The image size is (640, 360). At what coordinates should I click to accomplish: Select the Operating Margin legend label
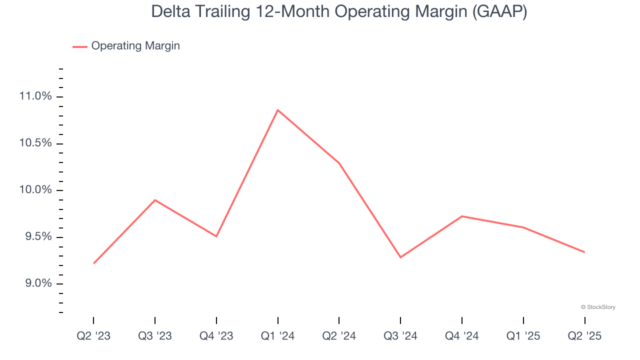click(135, 46)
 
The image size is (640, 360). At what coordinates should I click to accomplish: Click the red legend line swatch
click(80, 46)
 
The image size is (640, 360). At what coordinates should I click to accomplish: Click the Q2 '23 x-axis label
click(93, 336)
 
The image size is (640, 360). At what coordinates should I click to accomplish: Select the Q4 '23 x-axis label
click(216, 336)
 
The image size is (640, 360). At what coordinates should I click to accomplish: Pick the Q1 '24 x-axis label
click(277, 336)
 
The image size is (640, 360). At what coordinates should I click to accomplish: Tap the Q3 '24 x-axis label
click(400, 336)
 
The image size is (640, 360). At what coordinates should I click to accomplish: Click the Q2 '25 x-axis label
click(584, 336)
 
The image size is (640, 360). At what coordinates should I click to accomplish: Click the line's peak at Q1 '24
click(277, 110)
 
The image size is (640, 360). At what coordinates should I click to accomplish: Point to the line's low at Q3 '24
click(400, 257)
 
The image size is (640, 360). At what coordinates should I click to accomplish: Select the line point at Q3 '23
click(155, 200)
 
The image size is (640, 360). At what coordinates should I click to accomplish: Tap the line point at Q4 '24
click(461, 216)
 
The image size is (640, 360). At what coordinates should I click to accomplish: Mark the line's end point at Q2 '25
click(584, 252)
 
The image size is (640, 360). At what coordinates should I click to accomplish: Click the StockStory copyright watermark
click(598, 307)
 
